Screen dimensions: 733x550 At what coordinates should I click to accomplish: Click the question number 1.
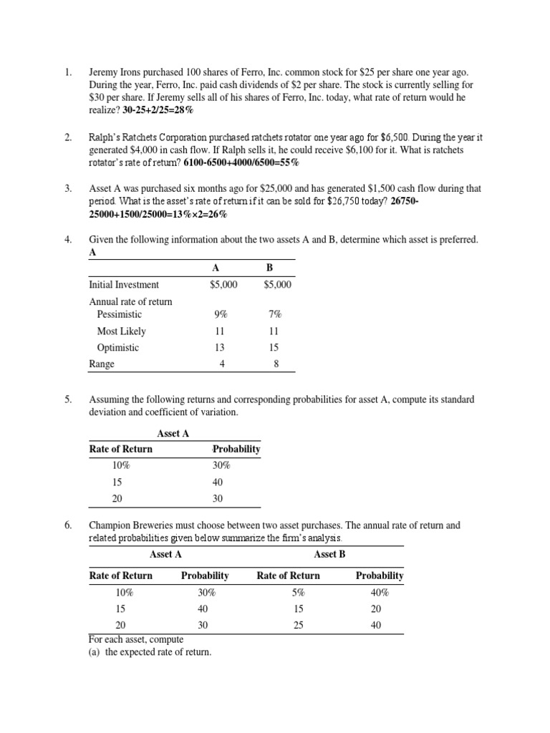click(68, 73)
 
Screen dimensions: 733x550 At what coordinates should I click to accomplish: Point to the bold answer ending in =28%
click(158, 110)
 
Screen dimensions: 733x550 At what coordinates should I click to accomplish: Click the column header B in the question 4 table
click(270, 267)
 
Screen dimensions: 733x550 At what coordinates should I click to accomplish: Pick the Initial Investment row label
click(124, 284)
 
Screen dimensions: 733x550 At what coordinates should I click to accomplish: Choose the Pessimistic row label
click(120, 314)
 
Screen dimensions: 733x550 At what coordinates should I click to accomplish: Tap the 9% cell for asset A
click(220, 314)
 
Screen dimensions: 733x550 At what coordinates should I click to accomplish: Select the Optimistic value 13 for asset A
click(220, 347)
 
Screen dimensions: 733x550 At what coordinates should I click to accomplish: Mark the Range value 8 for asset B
click(276, 364)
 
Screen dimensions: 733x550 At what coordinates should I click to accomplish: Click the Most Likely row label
click(122, 331)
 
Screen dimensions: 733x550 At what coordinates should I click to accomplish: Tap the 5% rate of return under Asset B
click(299, 592)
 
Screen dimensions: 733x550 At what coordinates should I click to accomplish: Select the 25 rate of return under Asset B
click(299, 625)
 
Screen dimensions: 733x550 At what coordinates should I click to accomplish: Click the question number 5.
click(68, 399)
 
